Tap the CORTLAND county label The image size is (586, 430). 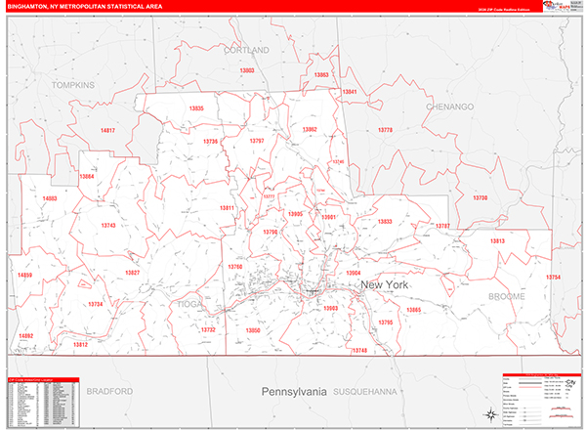tap(244, 49)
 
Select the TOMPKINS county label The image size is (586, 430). tap(73, 85)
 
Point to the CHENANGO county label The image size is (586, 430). tap(449, 106)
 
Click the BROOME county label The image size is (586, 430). tap(507, 295)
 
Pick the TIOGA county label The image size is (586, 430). tap(187, 304)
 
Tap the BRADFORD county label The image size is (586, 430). tap(108, 391)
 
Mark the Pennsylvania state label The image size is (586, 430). tap(293, 391)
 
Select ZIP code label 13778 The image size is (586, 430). tap(385, 130)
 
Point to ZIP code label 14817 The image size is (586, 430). tap(107, 130)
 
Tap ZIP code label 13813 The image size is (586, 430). tap(498, 240)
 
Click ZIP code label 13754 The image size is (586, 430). tap(553, 278)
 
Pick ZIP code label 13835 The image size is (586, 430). tap(196, 108)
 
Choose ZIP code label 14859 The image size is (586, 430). tap(24, 276)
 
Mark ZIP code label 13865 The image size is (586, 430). tap(414, 310)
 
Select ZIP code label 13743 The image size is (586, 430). tap(108, 226)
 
